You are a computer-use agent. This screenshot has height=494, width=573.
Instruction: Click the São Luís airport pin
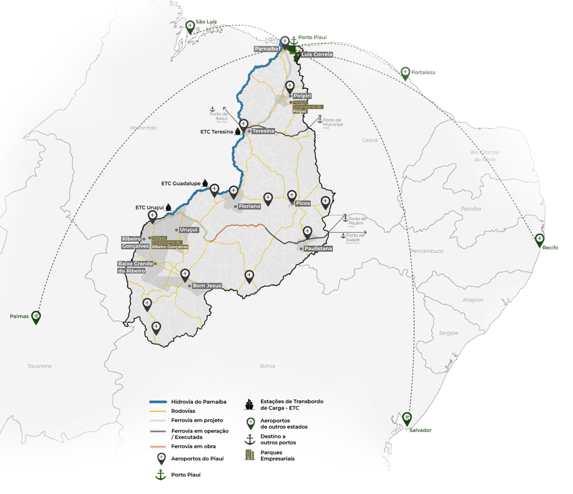pyautogui.click(x=190, y=27)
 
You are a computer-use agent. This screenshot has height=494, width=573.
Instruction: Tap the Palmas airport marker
pyautogui.click(x=36, y=317)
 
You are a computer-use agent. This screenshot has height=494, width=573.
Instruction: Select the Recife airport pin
pyautogui.click(x=540, y=240)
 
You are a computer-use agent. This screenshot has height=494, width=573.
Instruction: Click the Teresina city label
pyautogui.click(x=263, y=131)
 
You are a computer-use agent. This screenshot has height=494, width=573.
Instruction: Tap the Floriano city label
pyautogui.click(x=249, y=206)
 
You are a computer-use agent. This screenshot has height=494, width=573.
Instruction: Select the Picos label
pyautogui.click(x=303, y=203)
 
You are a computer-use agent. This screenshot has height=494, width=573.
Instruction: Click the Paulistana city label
pyautogui.click(x=318, y=249)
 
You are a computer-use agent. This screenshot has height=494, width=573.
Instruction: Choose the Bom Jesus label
pyautogui.click(x=207, y=286)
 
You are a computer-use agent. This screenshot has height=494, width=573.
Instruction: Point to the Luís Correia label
pyautogui.click(x=316, y=55)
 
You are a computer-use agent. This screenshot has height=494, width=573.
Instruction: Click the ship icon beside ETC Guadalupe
pyautogui.click(x=205, y=183)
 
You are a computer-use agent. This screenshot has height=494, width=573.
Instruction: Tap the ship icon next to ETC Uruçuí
pyautogui.click(x=168, y=207)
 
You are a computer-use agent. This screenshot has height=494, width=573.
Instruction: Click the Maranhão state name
pyautogui.click(x=143, y=128)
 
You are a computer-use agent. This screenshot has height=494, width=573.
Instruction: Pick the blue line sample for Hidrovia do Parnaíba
pyautogui.click(x=158, y=402)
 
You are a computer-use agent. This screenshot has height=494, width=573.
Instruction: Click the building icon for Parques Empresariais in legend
pyautogui.click(x=250, y=455)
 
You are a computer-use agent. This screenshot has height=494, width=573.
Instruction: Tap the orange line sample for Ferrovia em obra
pyautogui.click(x=158, y=447)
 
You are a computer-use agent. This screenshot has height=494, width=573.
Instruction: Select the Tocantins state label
pyautogui.click(x=39, y=366)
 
